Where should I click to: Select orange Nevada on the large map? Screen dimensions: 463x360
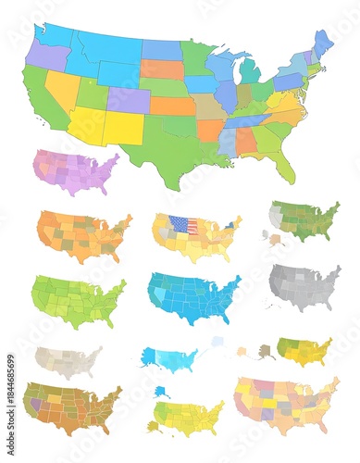click(63, 87)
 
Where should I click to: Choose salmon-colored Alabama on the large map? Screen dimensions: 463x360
click(244, 140)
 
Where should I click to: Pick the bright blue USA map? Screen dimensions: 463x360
click(193, 296)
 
